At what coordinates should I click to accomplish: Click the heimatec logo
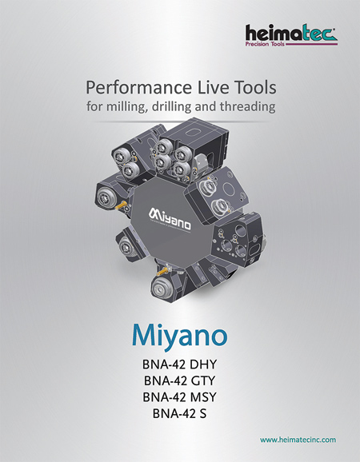click(x=291, y=35)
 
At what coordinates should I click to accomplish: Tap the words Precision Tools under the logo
click(x=265, y=44)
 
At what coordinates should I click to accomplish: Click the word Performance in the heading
click(x=138, y=88)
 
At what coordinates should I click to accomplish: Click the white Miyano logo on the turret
click(x=170, y=220)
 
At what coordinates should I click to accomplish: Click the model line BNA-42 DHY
click(x=179, y=364)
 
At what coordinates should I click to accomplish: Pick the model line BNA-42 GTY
click(x=179, y=380)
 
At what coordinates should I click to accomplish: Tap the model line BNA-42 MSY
click(x=179, y=397)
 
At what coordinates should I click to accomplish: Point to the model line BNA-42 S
click(x=179, y=413)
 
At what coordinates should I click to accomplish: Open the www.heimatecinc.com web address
click(x=298, y=440)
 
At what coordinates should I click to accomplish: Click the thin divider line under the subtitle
click(x=180, y=121)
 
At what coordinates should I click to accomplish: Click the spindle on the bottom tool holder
click(x=162, y=287)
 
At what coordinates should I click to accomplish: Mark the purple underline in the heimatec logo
click(x=311, y=44)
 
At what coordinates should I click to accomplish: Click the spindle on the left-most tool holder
click(x=105, y=196)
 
